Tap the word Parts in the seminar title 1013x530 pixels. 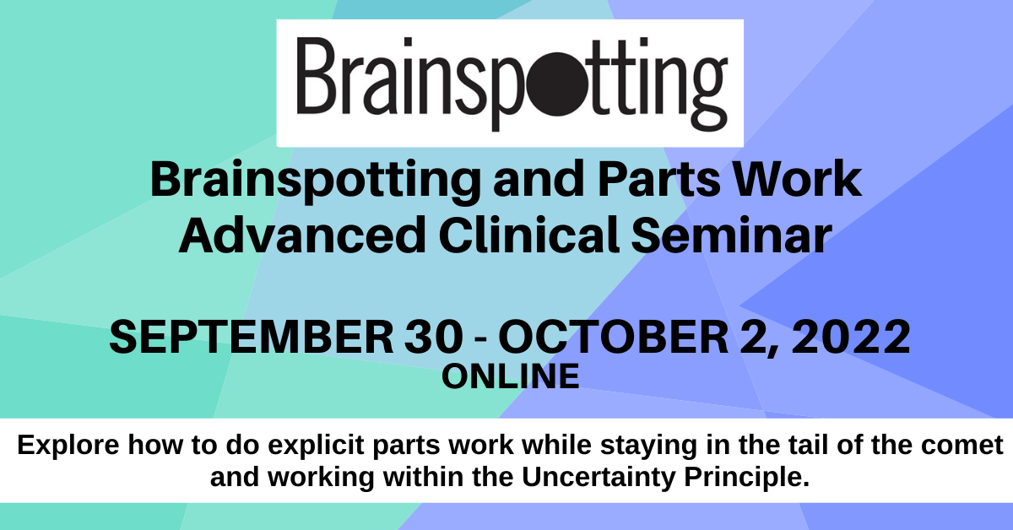click(x=658, y=180)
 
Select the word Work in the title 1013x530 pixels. click(x=797, y=180)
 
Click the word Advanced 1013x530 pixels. click(x=302, y=235)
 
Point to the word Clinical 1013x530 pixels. click(x=529, y=235)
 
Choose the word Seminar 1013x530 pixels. click(x=732, y=235)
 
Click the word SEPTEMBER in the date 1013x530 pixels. click(x=252, y=337)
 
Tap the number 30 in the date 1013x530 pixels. click(x=434, y=337)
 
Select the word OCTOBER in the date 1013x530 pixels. click(x=613, y=337)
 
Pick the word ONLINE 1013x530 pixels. click(x=511, y=376)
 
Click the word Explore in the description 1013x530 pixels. click(x=68, y=446)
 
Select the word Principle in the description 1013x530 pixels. click(x=746, y=478)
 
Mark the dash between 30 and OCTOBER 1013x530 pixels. click(x=481, y=339)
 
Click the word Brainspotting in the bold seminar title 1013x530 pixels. click(x=316, y=181)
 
